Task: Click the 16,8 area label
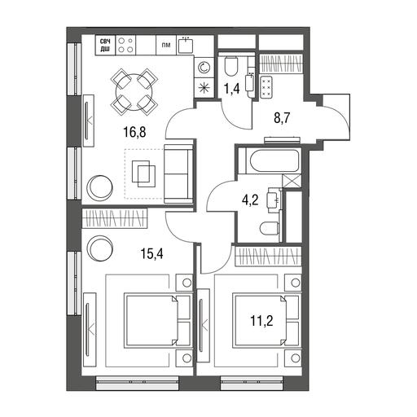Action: pos(134,133)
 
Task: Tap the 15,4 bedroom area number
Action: pos(151,254)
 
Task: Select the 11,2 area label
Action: pos(261,321)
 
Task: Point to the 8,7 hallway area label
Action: pos(282,118)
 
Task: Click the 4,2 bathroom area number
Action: pos(250,200)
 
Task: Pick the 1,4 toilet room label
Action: pos(231,89)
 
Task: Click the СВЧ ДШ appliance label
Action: pos(105,45)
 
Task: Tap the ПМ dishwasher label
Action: pos(166,45)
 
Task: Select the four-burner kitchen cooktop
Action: pos(125,45)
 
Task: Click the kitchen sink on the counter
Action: pos(186,46)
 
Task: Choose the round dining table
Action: pos(134,92)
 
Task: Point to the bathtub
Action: pos(269,160)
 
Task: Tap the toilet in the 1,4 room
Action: pos(231,66)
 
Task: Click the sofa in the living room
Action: pos(178,174)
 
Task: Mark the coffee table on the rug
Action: pos(143,173)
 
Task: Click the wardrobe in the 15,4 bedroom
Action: pos(115,218)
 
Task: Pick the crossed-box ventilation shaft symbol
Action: pos(292,181)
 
